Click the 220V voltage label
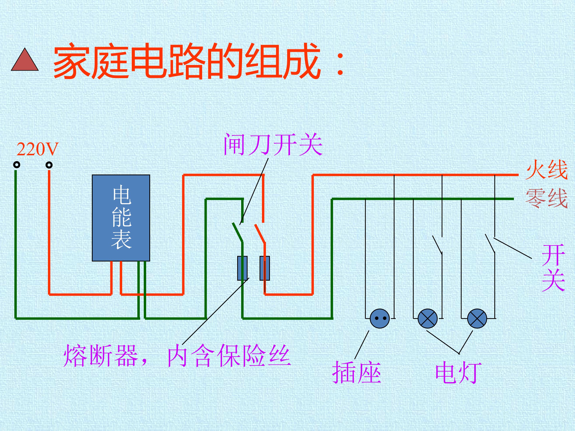pyautogui.click(x=38, y=149)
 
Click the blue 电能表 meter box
pyautogui.click(x=121, y=218)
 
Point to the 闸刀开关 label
pyautogui.click(x=273, y=144)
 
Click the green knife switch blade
pyautogui.click(x=238, y=232)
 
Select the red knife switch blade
pyautogui.click(x=260, y=234)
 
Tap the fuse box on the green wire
pyautogui.click(x=242, y=268)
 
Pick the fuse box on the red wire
pyautogui.click(x=265, y=268)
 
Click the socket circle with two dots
pyautogui.click(x=380, y=318)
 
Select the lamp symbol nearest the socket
pyautogui.click(x=428, y=318)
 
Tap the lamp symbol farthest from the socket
pyautogui.click(x=477, y=318)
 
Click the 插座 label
pyautogui.click(x=357, y=373)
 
